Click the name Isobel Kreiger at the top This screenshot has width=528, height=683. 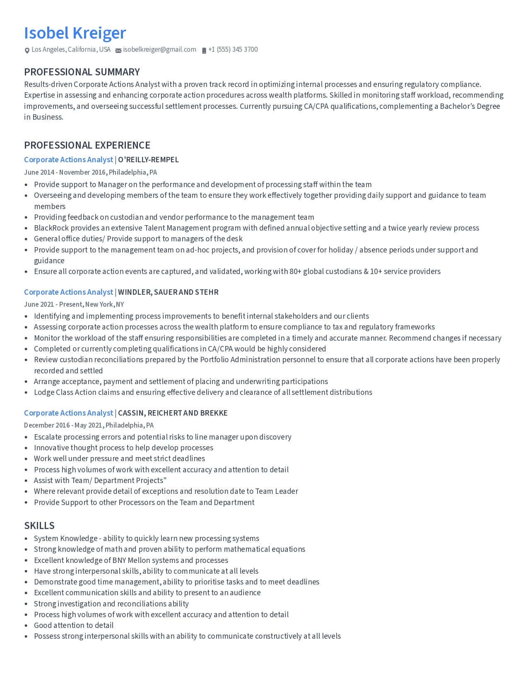tap(75, 33)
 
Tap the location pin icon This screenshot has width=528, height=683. tap(27, 51)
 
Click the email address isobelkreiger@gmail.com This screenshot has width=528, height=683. tap(159, 50)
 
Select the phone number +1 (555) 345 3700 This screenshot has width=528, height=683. tap(233, 50)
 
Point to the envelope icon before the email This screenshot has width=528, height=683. tap(118, 51)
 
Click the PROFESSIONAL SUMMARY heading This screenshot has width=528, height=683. tap(82, 72)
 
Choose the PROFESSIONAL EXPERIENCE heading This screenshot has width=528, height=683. tap(87, 145)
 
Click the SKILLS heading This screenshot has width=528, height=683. tap(39, 526)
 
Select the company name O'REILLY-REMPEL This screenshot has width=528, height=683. tap(148, 160)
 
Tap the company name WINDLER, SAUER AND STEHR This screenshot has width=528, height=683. tap(168, 292)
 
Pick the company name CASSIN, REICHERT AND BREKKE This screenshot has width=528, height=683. tap(173, 413)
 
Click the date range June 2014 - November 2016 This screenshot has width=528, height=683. tap(65, 172)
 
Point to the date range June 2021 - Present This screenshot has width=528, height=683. tap(53, 305)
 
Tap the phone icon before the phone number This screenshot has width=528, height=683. tap(204, 51)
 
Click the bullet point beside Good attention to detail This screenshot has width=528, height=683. tap(26, 626)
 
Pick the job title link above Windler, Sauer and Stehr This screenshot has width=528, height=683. tap(68, 292)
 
